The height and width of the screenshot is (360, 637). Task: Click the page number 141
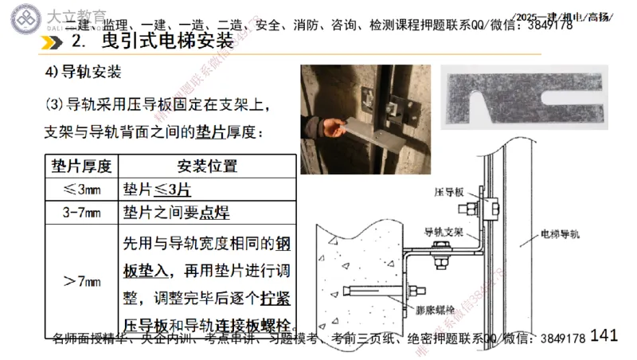pyautogui.click(x=605, y=335)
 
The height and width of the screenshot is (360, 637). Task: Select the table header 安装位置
pyautogui.click(x=206, y=166)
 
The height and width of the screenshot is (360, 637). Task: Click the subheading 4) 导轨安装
pyautogui.click(x=83, y=73)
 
